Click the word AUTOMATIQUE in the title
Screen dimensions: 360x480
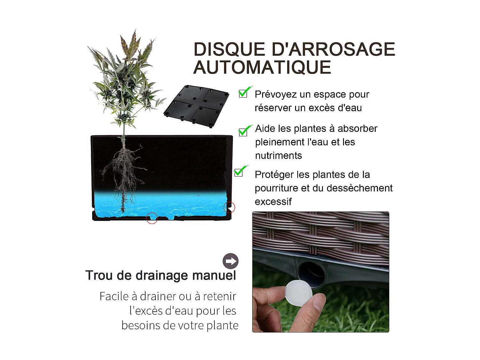click(262, 68)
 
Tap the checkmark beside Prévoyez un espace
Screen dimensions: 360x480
click(244, 92)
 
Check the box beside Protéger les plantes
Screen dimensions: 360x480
click(240, 172)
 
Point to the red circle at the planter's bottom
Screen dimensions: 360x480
click(152, 218)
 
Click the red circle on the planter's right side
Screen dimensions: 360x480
click(229, 207)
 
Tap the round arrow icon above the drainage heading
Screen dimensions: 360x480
click(230, 261)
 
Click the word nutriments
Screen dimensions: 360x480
click(278, 156)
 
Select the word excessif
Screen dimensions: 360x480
click(273, 202)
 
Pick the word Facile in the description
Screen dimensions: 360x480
click(114, 296)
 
